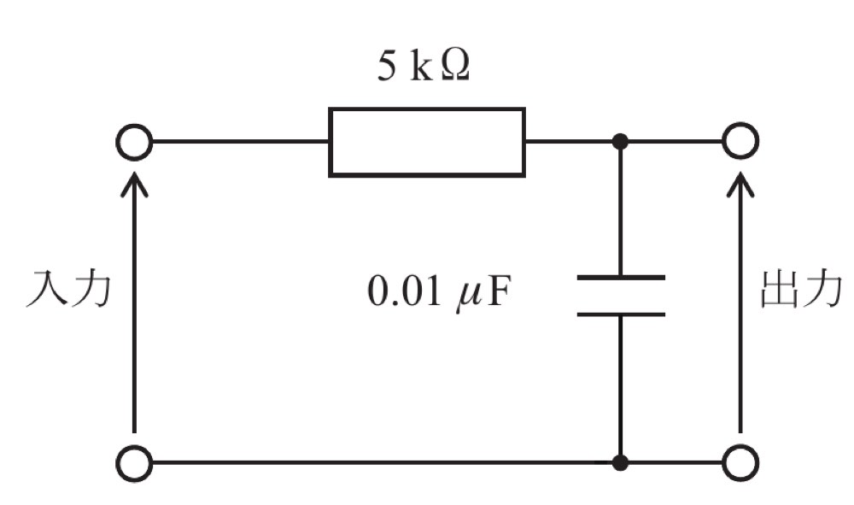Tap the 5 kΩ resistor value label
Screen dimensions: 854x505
pos(424,67)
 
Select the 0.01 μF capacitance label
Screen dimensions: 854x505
pos(439,292)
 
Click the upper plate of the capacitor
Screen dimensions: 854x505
pos(621,278)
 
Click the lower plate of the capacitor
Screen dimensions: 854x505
pos(621,314)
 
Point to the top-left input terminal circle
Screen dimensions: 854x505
pos(134,142)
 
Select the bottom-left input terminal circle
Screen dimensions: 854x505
pos(134,463)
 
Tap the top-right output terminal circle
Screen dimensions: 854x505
pos(740,141)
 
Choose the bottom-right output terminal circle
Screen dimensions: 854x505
pos(740,463)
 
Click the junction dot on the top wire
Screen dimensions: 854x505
pos(620,142)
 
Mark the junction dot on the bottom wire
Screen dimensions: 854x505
pos(620,463)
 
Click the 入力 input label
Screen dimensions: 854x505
pos(68,289)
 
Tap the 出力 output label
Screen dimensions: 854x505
pos(801,289)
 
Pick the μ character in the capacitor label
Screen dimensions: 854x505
pos(468,297)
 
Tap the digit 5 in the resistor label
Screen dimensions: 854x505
pos(387,67)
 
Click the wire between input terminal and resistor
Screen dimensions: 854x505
pos(240,142)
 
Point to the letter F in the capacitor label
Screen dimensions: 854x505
pos(499,291)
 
